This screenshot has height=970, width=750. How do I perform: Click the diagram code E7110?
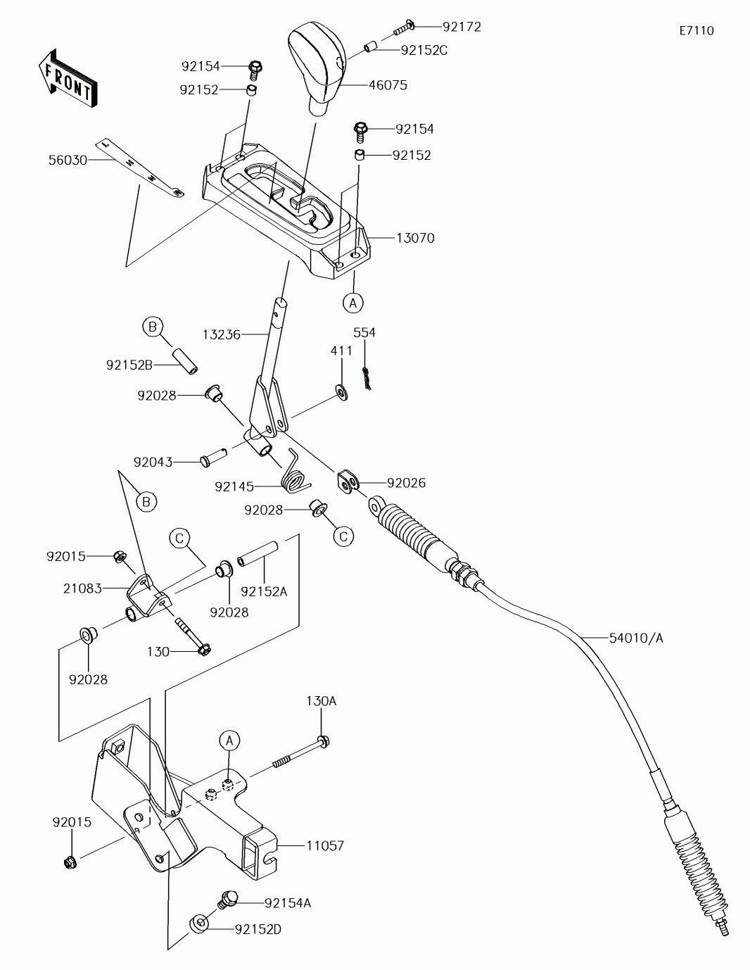click(x=696, y=30)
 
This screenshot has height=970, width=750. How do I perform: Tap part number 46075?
click(x=388, y=85)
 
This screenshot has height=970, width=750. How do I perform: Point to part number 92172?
click(x=462, y=27)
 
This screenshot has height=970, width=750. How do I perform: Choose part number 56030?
click(x=68, y=160)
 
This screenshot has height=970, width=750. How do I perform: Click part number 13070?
click(x=415, y=238)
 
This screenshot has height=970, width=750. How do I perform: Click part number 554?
click(x=364, y=332)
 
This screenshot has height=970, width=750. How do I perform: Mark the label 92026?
click(x=406, y=483)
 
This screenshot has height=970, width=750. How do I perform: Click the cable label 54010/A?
click(x=636, y=638)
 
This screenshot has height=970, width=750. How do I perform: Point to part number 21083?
click(x=82, y=588)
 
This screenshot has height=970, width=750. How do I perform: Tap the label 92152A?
click(x=264, y=591)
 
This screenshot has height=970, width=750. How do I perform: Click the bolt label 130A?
click(x=321, y=701)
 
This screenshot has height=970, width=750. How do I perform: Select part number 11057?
click(x=325, y=845)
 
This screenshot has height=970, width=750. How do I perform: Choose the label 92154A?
click(x=288, y=902)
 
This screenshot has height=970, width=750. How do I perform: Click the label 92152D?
click(x=258, y=929)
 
